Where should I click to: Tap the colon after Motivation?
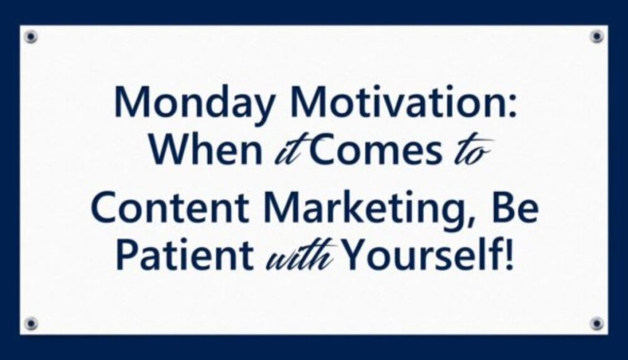[512, 107]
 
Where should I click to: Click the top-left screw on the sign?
[31, 36]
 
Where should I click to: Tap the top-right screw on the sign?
[597, 36]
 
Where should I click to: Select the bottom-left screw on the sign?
[31, 323]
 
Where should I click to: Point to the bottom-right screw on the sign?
[597, 323]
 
